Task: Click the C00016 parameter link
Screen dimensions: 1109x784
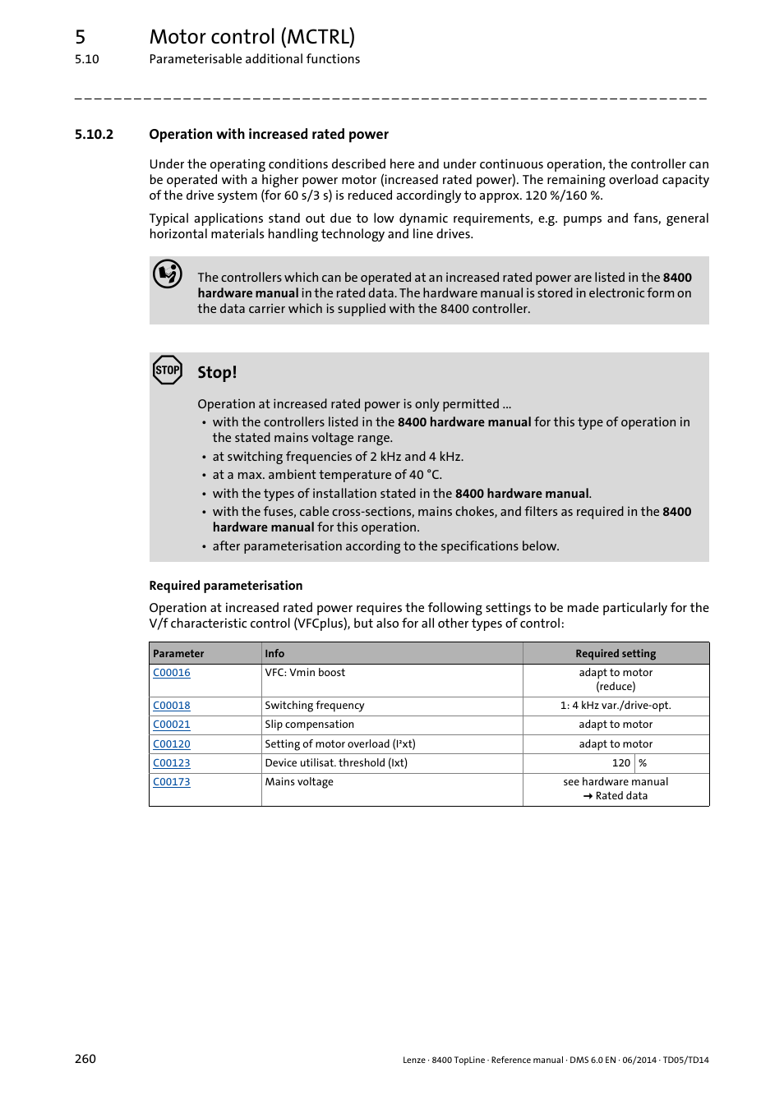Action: (x=172, y=673)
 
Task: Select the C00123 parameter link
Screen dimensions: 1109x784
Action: (x=172, y=763)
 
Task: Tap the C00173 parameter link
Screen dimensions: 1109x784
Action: (x=172, y=782)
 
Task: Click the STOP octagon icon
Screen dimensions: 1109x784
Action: (x=168, y=370)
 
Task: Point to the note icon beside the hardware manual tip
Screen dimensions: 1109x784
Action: (x=168, y=274)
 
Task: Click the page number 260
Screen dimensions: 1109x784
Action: (x=85, y=1059)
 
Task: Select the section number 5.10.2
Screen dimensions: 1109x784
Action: (x=94, y=135)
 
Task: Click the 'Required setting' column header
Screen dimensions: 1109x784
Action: (x=616, y=654)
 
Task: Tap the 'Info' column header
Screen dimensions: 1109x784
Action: (x=274, y=654)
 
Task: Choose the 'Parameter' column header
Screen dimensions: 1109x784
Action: (x=178, y=654)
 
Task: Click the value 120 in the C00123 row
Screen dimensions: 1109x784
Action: (x=620, y=763)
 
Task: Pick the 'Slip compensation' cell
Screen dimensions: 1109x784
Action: (x=309, y=725)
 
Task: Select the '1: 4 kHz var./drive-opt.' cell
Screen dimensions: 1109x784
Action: (x=616, y=706)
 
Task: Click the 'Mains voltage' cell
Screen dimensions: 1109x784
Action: (x=299, y=782)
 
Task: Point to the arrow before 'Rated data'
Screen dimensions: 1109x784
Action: (x=588, y=796)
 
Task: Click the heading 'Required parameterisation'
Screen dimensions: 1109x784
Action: (x=226, y=586)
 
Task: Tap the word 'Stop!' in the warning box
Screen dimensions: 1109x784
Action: (x=217, y=373)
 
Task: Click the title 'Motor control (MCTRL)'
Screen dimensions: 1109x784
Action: (x=252, y=37)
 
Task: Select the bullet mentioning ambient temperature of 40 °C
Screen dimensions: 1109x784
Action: (x=327, y=475)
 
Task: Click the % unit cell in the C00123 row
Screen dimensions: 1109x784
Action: (x=643, y=763)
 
